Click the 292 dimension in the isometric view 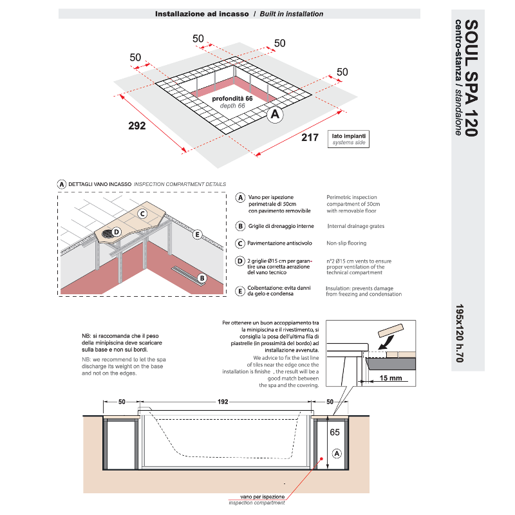137,126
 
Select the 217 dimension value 310,137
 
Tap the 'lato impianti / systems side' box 348,139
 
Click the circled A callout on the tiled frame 275,115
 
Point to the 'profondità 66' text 232,98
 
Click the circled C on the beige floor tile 142,214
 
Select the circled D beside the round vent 117,232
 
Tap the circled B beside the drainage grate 202,278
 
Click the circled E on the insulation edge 197,234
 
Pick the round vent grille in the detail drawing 107,234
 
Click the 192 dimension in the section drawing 223,402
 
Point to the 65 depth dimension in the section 335,432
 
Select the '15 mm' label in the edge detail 391,378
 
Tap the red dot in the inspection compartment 322,459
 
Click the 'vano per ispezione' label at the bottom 263,497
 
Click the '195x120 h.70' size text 460,333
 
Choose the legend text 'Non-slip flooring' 346,243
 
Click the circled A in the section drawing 337,454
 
